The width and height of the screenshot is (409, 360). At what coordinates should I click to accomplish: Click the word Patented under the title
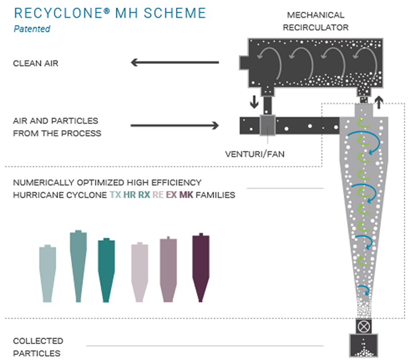point(31,29)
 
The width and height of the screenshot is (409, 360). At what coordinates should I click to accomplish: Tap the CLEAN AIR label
point(36,64)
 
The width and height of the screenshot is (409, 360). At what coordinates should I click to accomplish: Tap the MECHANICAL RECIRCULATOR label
point(315,21)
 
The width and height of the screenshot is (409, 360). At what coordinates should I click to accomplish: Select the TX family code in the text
point(115,195)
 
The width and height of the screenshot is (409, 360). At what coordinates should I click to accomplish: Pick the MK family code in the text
point(186,195)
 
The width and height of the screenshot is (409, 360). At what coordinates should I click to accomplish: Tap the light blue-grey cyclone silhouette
point(48,272)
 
